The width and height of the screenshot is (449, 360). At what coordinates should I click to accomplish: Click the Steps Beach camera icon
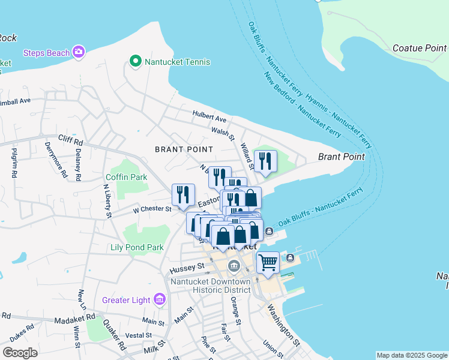[79, 53]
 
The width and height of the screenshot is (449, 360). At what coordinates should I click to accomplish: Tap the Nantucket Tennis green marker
[135, 61]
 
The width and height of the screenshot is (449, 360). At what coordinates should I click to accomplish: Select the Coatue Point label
[420, 47]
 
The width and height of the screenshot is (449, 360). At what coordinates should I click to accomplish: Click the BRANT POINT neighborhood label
[184, 149]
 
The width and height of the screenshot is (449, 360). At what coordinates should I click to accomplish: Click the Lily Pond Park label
[137, 247]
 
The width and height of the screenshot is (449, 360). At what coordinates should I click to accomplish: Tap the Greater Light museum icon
[160, 299]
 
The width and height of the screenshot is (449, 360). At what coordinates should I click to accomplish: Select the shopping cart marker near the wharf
[268, 262]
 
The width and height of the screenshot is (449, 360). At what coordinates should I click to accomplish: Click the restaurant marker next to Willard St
[265, 161]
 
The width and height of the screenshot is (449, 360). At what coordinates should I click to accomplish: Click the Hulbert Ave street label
[209, 116]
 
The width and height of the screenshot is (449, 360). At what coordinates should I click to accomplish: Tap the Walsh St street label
[222, 130]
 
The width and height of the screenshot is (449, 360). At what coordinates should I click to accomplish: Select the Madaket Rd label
[74, 316]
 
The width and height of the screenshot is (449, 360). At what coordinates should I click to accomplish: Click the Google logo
[20, 353]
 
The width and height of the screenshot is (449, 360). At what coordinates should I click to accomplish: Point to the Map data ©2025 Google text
[412, 355]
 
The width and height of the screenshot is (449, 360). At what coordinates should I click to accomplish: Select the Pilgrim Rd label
[14, 163]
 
